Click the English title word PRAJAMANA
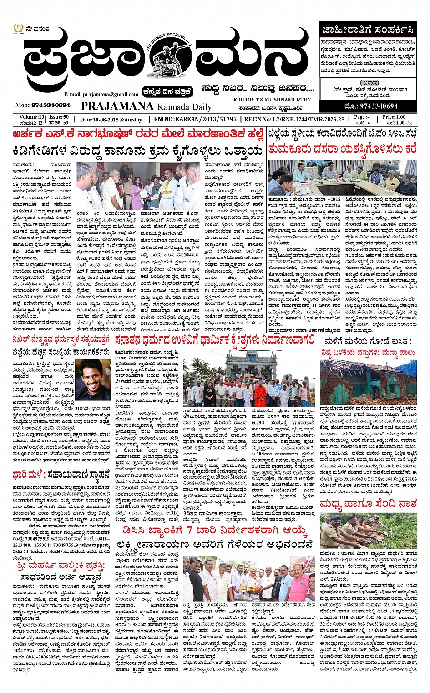click(x=117, y=106)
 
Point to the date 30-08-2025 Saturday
click(x=111, y=120)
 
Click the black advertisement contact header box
click(x=367, y=30)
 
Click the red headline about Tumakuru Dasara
click(x=342, y=149)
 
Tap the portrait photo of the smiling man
click(x=93, y=379)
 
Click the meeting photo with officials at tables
click(x=342, y=177)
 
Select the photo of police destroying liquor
click(x=368, y=531)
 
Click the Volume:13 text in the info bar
click(x=32, y=117)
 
